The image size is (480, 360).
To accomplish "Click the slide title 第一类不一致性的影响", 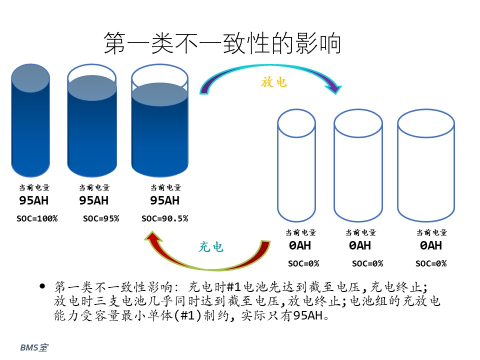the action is coord(222,43).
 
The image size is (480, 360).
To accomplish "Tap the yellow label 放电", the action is coord(273,82).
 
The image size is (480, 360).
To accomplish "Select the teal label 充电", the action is coord(211,246).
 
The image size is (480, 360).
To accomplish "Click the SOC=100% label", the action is coord(37,218).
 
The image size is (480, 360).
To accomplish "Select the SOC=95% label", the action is coord(101,218).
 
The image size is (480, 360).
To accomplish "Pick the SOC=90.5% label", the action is coord(164,218).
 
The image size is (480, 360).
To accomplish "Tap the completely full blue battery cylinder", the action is coord(30,120).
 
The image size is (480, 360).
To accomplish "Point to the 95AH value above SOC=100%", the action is coord(33,200).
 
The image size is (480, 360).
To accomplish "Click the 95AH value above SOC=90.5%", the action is coord(164,200).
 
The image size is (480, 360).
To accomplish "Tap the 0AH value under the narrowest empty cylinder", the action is coord(299,245).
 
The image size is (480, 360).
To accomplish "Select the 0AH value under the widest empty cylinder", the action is coord(430,245).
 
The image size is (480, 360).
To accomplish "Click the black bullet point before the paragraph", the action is coord(42,286).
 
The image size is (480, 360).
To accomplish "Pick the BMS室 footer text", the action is coord(34,347).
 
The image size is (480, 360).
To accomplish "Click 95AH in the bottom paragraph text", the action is coord(308,315).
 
